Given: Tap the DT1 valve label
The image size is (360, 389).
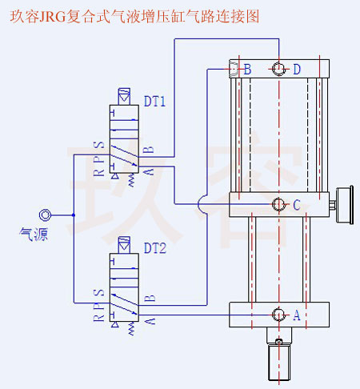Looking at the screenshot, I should point(154,102).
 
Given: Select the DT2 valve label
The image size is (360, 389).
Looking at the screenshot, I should point(154,249).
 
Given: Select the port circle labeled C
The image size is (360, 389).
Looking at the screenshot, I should point(278,204).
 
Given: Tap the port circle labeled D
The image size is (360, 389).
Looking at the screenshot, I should point(278,70).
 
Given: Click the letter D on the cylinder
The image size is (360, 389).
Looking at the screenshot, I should point(296,70).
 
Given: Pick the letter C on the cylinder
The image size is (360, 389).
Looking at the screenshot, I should point(296,205).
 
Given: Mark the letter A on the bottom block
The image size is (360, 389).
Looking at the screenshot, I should point(296,315).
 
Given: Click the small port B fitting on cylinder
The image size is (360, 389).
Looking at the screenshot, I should point(234,70).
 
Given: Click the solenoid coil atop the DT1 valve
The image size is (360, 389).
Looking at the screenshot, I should point(123,95).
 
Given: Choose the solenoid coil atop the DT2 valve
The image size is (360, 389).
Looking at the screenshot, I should point(123,243).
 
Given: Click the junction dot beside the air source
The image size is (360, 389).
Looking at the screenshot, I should point(74,215).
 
